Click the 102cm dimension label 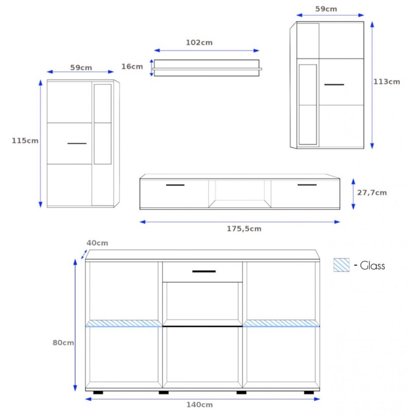coord(199,43)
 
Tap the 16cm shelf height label coord(132,67)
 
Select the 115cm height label coord(25,140)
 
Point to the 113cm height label coord(387,82)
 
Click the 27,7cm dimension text coord(372,192)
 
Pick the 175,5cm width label coord(244,229)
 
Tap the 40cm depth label coord(97,243)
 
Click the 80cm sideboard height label coord(63,343)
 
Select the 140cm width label coord(200,405)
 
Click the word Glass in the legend coord(373,266)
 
